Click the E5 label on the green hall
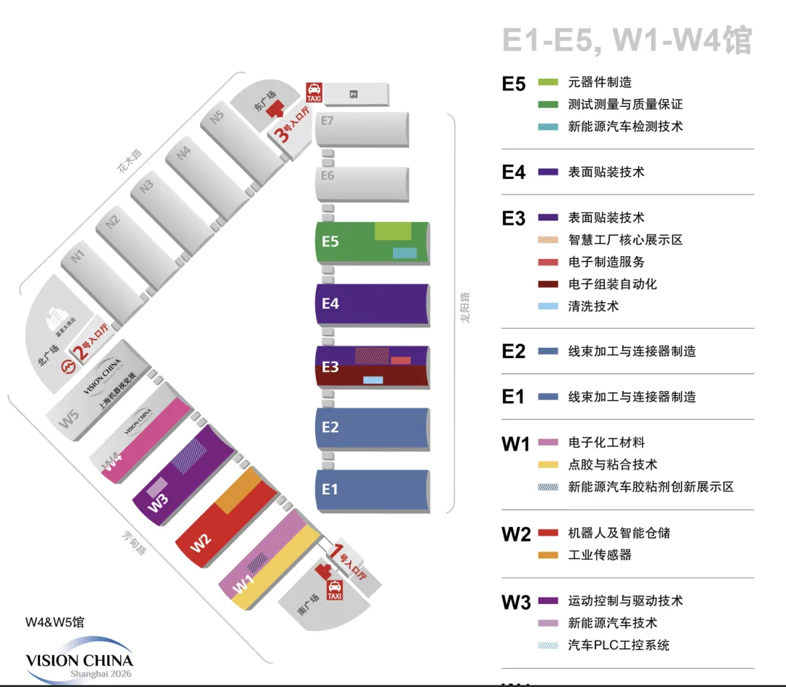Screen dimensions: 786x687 tap(330, 241)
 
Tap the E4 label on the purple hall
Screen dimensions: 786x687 tap(330, 303)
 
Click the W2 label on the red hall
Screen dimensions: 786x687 tap(201, 542)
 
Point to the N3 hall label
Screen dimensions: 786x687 tap(147, 185)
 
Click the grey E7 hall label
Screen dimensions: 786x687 tap(327, 121)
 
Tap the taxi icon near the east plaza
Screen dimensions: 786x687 tap(314, 92)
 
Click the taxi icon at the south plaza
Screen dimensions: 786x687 tap(334, 589)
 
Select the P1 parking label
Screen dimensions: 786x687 tap(354, 94)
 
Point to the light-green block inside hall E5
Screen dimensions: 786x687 tap(392, 231)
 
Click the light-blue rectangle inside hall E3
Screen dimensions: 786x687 tap(373, 380)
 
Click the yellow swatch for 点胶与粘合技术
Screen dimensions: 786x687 tap(547, 464)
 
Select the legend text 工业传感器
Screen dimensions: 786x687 tap(600, 555)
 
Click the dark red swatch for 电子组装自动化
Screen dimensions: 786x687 tap(547, 284)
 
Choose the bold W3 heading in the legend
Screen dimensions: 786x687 tap(516, 603)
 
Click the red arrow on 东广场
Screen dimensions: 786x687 tap(275, 109)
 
